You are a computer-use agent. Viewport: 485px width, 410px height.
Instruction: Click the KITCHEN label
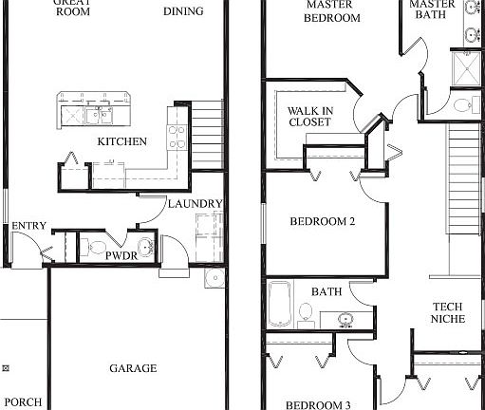click(x=122, y=142)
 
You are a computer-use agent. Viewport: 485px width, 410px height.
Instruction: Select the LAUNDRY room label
click(x=195, y=204)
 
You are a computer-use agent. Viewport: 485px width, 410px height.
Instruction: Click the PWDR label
click(x=121, y=256)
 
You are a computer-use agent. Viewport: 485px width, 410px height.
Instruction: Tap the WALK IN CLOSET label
click(x=309, y=117)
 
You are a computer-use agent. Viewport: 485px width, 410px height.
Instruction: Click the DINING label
click(x=182, y=11)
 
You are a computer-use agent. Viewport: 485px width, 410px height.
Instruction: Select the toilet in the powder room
click(x=95, y=250)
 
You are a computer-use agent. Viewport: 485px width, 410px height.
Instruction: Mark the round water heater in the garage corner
click(x=215, y=277)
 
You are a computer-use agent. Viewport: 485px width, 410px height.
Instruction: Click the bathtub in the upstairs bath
click(x=279, y=305)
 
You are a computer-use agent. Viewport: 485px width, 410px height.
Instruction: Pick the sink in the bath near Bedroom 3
click(x=345, y=319)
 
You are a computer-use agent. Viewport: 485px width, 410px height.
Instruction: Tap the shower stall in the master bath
click(x=465, y=69)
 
